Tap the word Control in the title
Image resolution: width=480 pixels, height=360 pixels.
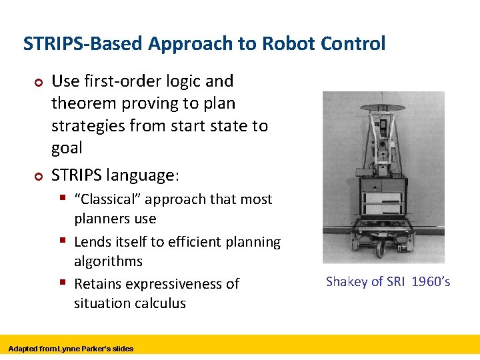(x=353, y=44)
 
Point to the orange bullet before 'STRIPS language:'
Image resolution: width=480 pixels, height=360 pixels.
(x=38, y=176)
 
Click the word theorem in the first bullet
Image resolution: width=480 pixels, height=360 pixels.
(x=81, y=103)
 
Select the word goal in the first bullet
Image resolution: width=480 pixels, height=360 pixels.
(x=67, y=148)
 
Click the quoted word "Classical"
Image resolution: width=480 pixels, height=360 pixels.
(x=107, y=199)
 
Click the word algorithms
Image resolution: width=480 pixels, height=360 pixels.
(x=108, y=261)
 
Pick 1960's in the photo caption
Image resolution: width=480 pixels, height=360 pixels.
(x=431, y=281)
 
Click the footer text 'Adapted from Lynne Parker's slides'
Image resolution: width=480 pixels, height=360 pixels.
(x=71, y=349)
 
